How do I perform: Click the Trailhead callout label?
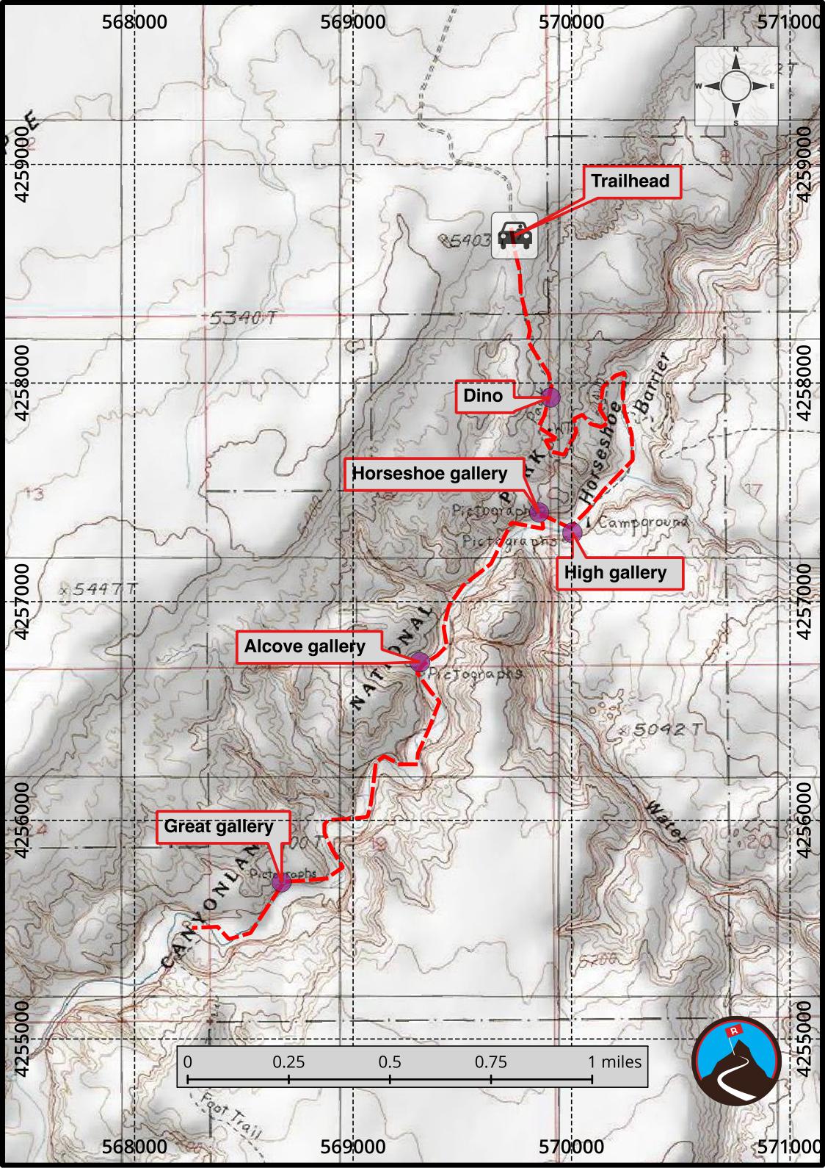(x=630, y=181)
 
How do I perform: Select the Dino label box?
(x=483, y=396)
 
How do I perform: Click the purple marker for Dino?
(x=551, y=397)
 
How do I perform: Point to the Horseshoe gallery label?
(x=429, y=474)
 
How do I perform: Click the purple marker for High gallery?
(x=572, y=532)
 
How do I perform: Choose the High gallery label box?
(x=614, y=573)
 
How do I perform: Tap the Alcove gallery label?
(x=305, y=646)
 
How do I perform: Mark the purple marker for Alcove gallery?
(x=420, y=661)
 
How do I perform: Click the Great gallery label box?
(x=219, y=826)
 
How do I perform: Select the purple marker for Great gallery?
(x=282, y=882)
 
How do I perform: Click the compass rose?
(x=736, y=86)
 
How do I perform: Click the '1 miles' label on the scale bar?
(x=615, y=1061)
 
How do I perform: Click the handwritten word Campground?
(x=644, y=523)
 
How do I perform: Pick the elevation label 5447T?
(x=100, y=589)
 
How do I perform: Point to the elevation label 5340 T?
(x=243, y=319)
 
